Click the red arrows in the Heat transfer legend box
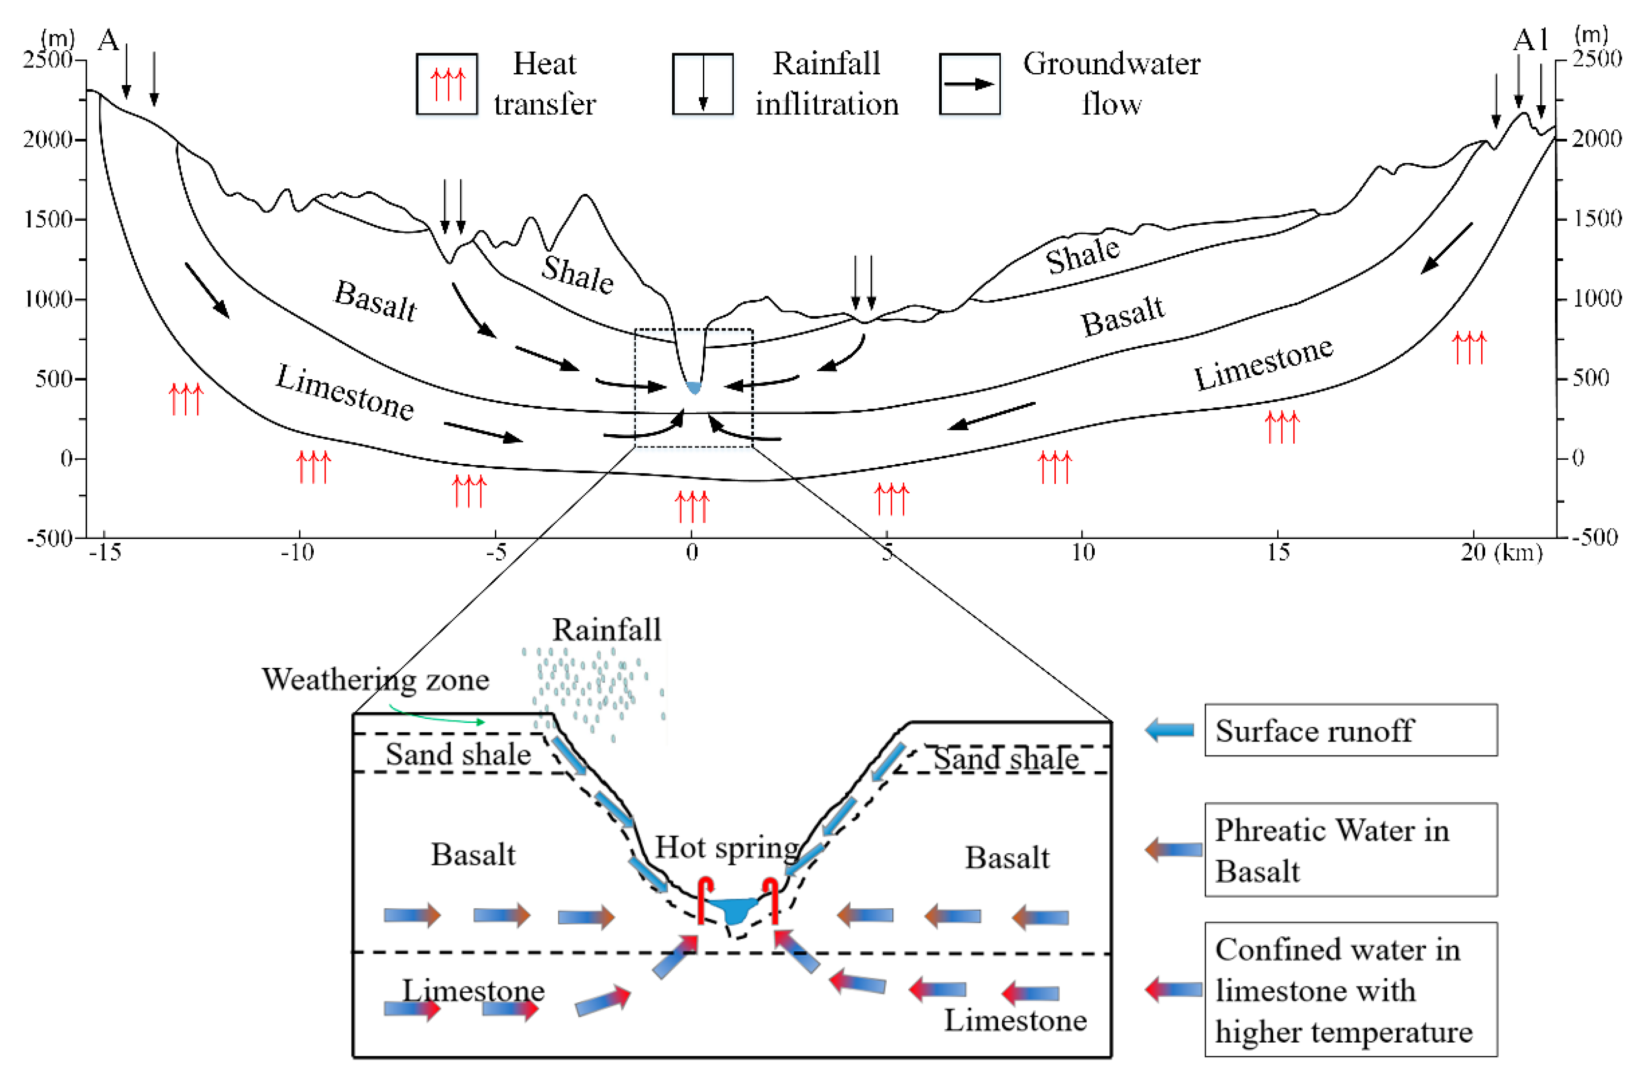click(x=447, y=84)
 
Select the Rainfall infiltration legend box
click(x=703, y=84)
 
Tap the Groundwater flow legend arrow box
click(x=969, y=84)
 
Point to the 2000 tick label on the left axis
click(x=48, y=140)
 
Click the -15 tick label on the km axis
click(x=105, y=553)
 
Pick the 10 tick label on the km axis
click(x=1082, y=553)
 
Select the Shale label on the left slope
click(x=577, y=274)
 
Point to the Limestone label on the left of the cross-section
click(x=345, y=392)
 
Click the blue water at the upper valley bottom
click(x=693, y=388)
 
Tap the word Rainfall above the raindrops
click(x=606, y=630)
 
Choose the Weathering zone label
click(x=375, y=680)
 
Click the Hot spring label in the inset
click(x=727, y=847)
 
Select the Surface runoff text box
click(x=1350, y=730)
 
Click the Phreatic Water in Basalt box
click(x=1350, y=850)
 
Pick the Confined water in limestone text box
click(x=1350, y=989)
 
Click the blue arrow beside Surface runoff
click(x=1169, y=730)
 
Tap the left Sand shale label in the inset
click(x=458, y=753)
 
